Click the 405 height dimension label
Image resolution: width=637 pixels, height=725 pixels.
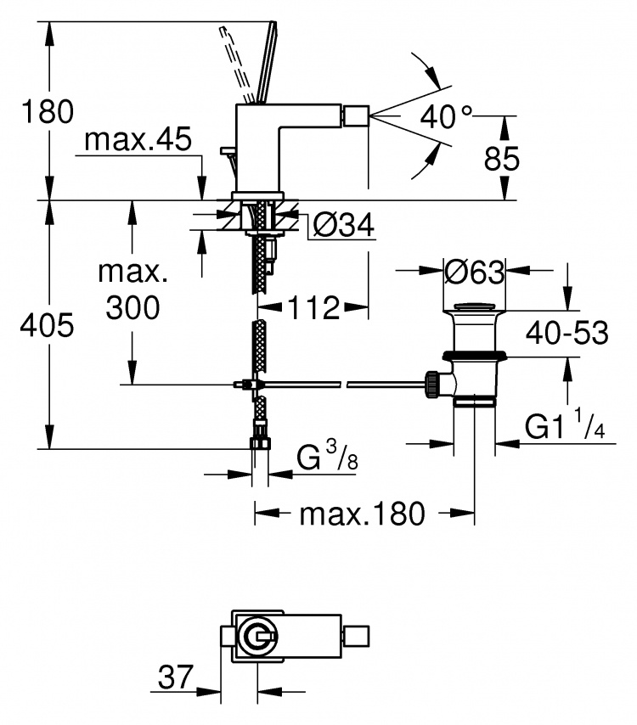click(48, 325)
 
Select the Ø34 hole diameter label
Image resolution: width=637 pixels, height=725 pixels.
click(343, 225)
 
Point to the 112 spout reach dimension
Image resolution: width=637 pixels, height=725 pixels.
click(313, 307)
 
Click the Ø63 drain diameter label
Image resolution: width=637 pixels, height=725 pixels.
click(474, 272)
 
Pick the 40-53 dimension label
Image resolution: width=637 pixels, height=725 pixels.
click(567, 333)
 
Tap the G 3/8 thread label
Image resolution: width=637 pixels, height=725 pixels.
click(327, 455)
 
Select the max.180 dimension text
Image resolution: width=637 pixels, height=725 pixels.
click(362, 514)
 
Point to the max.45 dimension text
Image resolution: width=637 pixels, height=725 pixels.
click(138, 138)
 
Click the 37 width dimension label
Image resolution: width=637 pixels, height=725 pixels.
click(175, 677)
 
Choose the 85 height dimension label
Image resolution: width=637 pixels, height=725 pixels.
click(502, 159)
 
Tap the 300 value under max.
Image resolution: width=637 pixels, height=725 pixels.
click(132, 307)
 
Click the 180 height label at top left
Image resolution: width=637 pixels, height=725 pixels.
click(48, 111)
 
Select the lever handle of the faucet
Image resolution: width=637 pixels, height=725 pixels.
click(267, 63)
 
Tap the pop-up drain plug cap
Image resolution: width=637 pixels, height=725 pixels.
click(474, 306)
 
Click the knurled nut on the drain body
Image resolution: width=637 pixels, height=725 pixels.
click(432, 384)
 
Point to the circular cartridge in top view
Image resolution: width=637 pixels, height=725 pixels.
click(256, 638)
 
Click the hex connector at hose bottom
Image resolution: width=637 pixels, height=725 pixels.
click(260, 443)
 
